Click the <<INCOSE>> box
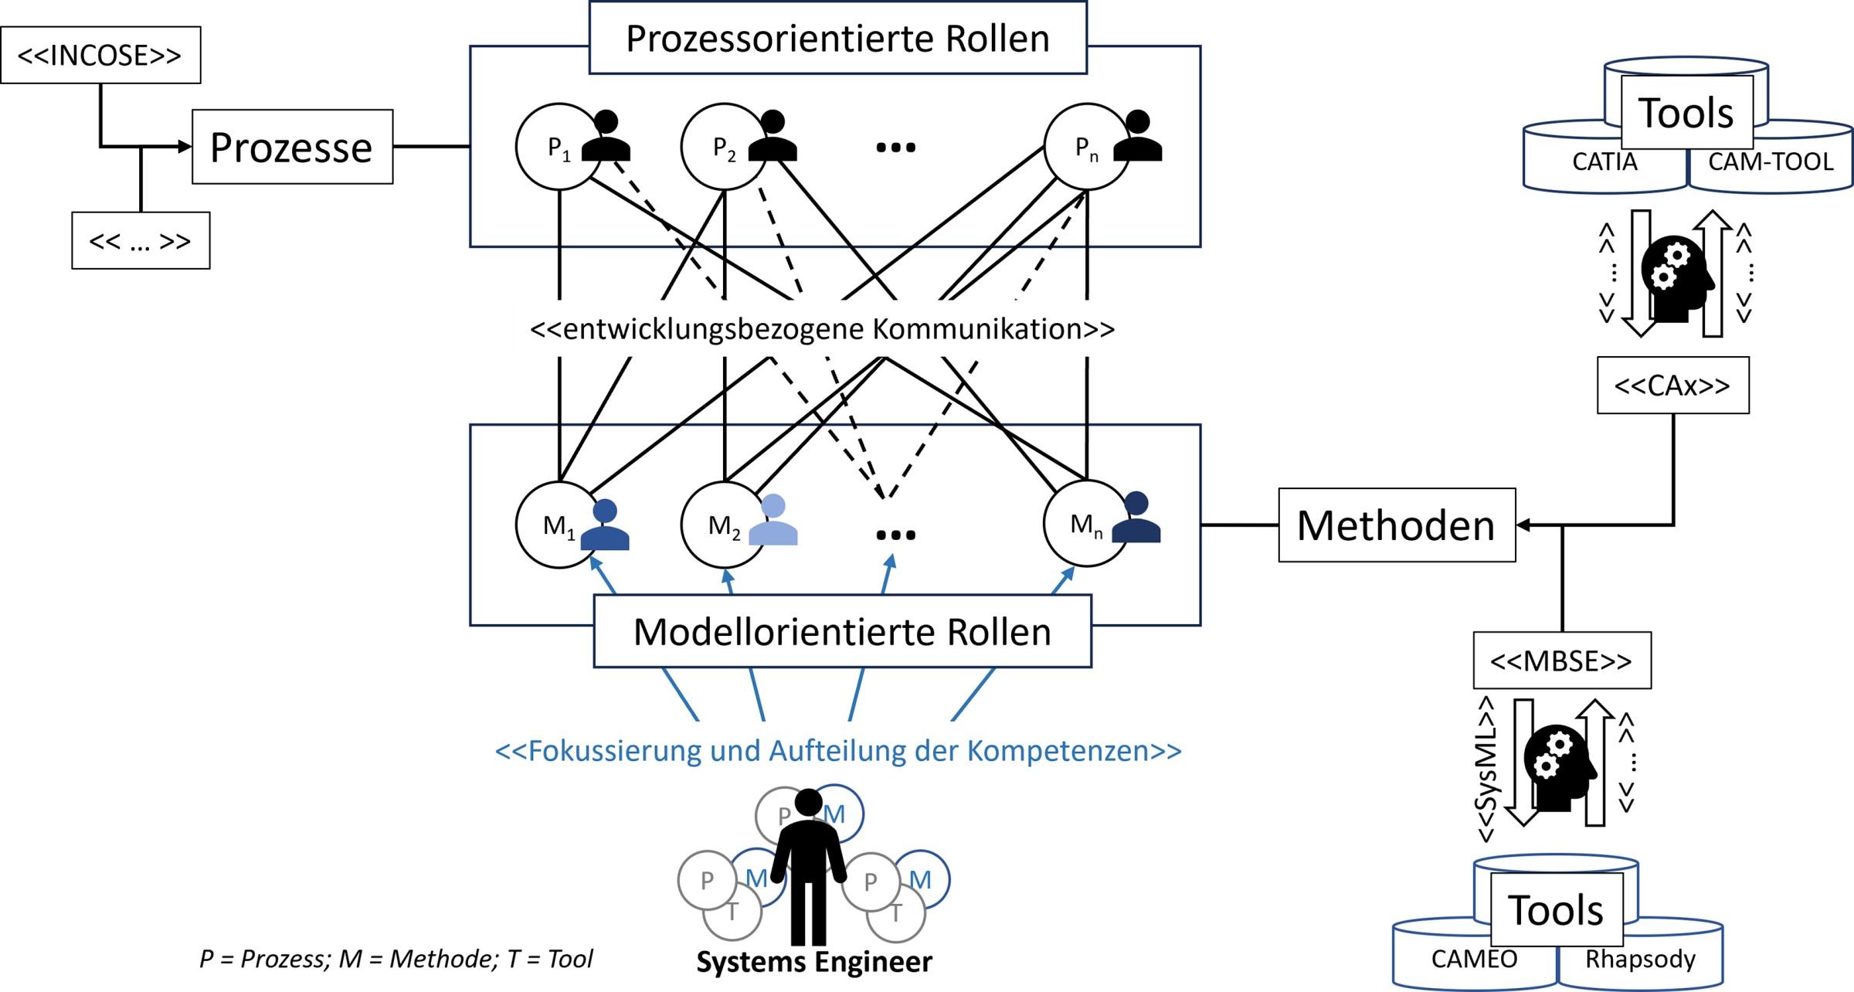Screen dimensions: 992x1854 click(100, 55)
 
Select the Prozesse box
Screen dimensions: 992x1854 click(292, 147)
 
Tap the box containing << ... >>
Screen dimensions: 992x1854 click(141, 241)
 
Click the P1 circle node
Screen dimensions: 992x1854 click(558, 147)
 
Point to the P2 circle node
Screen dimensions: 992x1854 click(723, 147)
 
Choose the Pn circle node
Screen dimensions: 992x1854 click(1085, 147)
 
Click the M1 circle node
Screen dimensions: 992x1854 click(558, 525)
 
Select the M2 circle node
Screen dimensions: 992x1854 click(723, 525)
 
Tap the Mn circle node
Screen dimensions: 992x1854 click(1085, 524)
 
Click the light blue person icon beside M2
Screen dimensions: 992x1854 click(773, 521)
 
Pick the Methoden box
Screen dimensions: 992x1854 click(1397, 525)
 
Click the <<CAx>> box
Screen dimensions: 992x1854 click(1672, 386)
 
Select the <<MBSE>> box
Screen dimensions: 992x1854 click(1561, 661)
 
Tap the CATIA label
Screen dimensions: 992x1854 click(1604, 162)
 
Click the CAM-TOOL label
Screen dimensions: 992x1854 click(1771, 162)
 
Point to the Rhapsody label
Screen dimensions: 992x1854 click(1640, 959)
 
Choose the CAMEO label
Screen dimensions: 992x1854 click(1474, 959)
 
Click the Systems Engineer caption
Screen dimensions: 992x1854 click(814, 962)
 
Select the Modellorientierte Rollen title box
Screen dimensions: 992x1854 click(842, 631)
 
